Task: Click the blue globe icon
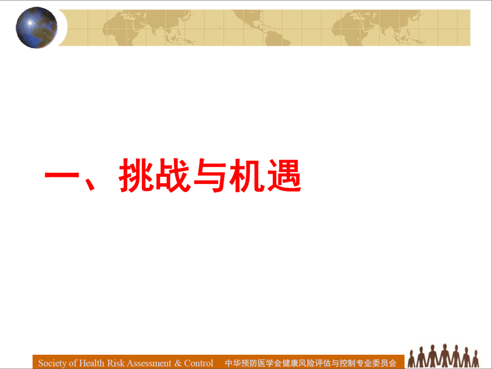(x=37, y=28)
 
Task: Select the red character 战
(x=173, y=175)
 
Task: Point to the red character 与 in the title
(x=210, y=175)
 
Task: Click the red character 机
(x=247, y=175)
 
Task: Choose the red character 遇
(x=284, y=175)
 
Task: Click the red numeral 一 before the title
(x=62, y=175)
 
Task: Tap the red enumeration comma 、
(x=89, y=184)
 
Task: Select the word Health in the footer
(x=92, y=363)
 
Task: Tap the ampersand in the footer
(x=178, y=363)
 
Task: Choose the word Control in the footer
(x=198, y=363)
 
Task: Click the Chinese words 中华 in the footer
(x=233, y=363)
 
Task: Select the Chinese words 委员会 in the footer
(x=384, y=363)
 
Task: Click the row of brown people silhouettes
(x=443, y=356)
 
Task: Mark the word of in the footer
(x=73, y=363)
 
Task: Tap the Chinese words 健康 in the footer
(x=290, y=363)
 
